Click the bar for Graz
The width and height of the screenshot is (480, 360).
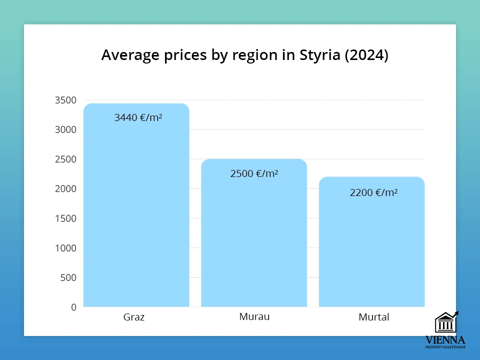click(136, 210)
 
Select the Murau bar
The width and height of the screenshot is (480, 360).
click(254, 235)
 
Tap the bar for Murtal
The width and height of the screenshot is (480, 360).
click(372, 245)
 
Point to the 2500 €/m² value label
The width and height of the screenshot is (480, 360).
click(254, 173)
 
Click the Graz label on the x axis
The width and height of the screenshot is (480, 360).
click(134, 317)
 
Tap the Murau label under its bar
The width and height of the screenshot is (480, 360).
click(254, 316)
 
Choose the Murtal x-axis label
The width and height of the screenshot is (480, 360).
click(373, 317)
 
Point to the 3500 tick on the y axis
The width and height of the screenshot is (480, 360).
click(65, 100)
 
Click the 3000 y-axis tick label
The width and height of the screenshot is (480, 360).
click(65, 129)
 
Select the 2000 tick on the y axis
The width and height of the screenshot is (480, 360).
click(65, 188)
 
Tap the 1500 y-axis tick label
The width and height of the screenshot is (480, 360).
click(65, 218)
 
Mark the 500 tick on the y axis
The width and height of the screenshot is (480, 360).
click(68, 277)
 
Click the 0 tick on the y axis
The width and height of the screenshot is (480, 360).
click(73, 307)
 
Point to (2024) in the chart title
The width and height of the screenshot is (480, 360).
click(367, 55)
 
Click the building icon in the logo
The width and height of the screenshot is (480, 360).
click(445, 323)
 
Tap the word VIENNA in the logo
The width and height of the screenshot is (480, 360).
click(445, 340)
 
